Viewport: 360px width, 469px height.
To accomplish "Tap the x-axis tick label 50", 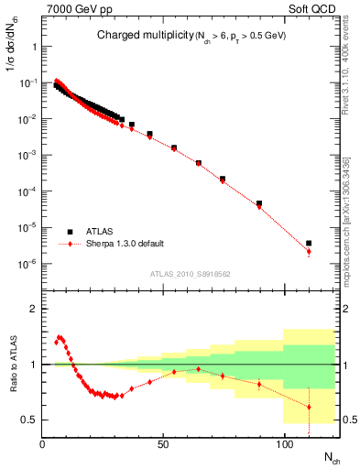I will click(x=164, y=444).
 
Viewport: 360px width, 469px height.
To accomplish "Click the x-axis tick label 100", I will click(x=285, y=444).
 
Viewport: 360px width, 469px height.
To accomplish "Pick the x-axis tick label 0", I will click(x=43, y=444).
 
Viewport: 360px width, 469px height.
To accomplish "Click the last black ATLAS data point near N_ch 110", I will click(x=309, y=244).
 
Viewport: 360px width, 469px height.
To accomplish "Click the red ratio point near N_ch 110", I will click(x=309, y=407).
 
